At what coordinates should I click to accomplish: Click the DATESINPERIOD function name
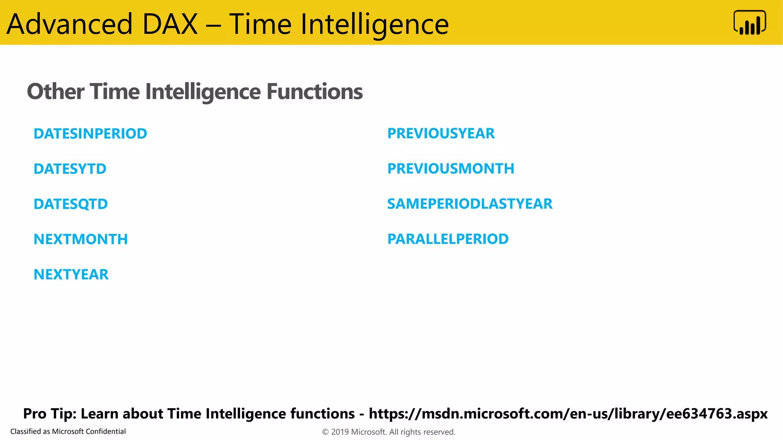[x=90, y=134]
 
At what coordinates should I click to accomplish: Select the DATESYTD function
[x=70, y=169]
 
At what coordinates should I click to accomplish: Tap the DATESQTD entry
[x=71, y=204]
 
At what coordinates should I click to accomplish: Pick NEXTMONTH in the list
[x=81, y=239]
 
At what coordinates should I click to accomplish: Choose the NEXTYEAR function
[x=71, y=274]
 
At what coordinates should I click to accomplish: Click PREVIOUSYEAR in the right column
[x=441, y=133]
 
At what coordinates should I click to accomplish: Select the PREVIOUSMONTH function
[x=451, y=168]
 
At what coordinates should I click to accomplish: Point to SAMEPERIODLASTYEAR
[x=470, y=204]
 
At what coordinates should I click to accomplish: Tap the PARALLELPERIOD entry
[x=448, y=239]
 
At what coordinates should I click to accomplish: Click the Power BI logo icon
[x=749, y=23]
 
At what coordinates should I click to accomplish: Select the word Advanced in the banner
[x=70, y=24]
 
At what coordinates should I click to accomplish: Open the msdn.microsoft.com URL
[x=568, y=414]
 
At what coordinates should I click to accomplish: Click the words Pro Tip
[x=50, y=414]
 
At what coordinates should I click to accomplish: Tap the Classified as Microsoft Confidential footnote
[x=68, y=431]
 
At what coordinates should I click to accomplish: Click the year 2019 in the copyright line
[x=340, y=432]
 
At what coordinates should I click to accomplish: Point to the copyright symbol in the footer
[x=325, y=432]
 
